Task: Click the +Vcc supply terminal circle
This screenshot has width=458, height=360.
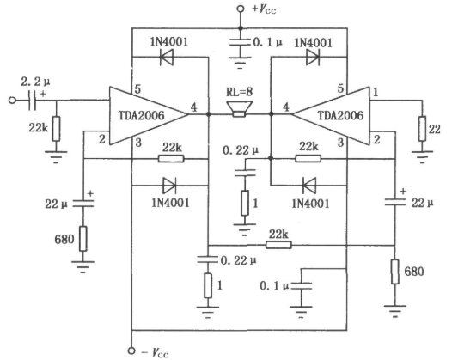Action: click(241, 9)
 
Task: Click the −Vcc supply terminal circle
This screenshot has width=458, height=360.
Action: click(131, 351)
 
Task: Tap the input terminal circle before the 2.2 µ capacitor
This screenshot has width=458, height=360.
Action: click(12, 101)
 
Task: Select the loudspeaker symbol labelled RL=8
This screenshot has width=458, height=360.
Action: click(239, 109)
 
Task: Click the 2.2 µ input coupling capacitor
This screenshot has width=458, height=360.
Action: click(33, 101)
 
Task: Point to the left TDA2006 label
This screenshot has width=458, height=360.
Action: click(142, 116)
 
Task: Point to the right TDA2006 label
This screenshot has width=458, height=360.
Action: click(340, 116)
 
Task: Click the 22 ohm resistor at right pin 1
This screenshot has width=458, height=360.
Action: click(422, 129)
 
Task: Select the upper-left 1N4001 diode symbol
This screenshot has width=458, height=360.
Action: click(167, 57)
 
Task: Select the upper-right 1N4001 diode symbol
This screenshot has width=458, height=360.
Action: click(313, 57)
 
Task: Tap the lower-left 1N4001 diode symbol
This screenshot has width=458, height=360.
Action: click(169, 186)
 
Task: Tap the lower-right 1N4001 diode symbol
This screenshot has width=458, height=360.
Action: click(309, 186)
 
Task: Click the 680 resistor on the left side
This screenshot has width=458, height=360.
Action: click(83, 239)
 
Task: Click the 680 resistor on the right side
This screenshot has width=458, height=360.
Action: click(395, 272)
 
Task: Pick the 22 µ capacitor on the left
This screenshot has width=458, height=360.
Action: click(83, 204)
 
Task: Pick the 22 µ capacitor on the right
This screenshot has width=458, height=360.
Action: click(395, 202)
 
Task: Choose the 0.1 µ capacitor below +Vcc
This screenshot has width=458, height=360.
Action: click(240, 43)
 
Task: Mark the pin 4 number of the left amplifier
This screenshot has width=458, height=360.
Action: click(193, 107)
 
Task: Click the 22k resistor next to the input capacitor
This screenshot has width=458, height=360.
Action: click(56, 129)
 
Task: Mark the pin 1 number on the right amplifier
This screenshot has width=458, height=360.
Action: click(376, 92)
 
